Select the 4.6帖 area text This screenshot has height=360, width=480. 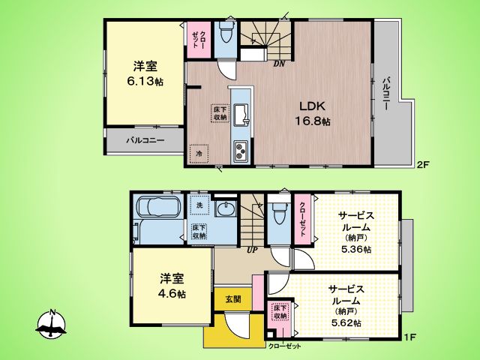(172, 295)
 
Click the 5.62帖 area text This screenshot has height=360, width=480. (346, 322)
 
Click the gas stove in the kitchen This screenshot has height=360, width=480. (242, 149)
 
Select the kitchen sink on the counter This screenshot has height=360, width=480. (241, 114)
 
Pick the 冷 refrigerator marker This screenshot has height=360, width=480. (199, 153)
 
